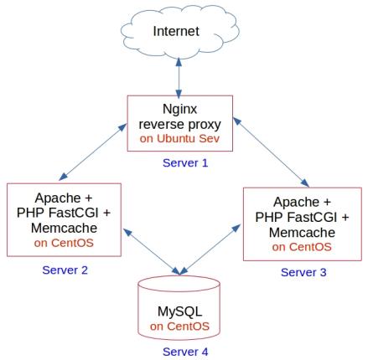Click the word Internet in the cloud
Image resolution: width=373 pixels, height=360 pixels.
176,31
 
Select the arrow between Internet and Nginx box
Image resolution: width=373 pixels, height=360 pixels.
179,78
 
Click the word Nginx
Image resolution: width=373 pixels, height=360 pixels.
179,109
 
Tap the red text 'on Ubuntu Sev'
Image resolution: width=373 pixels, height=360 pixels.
179,138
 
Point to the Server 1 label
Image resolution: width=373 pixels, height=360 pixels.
185,162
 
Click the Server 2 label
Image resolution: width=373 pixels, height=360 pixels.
65,270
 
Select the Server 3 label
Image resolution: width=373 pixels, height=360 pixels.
303,272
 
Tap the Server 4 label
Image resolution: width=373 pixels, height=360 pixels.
185,352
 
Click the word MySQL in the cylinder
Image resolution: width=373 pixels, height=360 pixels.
179,311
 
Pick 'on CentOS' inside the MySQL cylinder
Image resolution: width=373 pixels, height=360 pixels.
179,327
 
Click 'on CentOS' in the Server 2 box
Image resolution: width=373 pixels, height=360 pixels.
64,243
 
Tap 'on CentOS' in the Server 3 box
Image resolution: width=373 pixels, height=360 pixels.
302,247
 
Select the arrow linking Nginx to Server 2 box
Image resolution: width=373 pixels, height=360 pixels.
93,152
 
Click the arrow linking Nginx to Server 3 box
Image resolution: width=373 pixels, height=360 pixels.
271,152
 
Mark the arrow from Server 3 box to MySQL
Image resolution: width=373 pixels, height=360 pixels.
210,249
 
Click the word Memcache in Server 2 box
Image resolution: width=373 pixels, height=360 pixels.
64,228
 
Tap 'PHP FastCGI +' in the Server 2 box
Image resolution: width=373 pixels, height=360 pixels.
64,213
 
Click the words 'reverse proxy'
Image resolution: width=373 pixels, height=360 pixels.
179,125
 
